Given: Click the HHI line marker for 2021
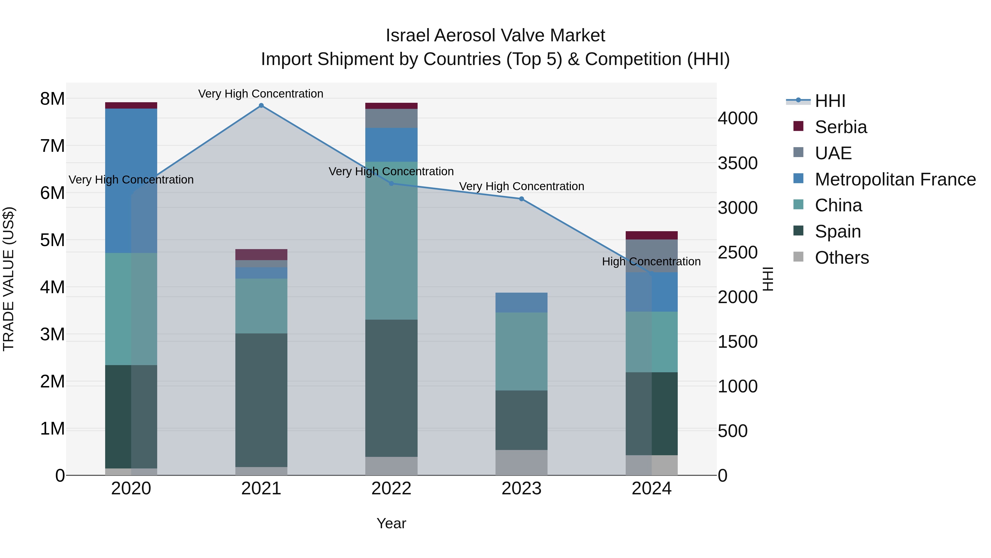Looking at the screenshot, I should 261,106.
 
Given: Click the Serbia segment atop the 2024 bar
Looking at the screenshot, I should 651,235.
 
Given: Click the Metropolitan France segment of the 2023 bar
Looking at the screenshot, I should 521,303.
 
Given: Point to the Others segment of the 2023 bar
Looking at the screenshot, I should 521,462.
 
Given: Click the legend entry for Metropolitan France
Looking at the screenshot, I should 895,179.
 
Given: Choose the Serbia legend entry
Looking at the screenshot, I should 841,127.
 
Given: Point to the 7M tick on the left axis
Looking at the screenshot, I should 52,146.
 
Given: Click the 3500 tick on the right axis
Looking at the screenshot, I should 737,163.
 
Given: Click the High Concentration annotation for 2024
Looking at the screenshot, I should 651,262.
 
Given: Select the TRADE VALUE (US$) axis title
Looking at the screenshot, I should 9,279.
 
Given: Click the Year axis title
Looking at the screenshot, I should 391,523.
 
